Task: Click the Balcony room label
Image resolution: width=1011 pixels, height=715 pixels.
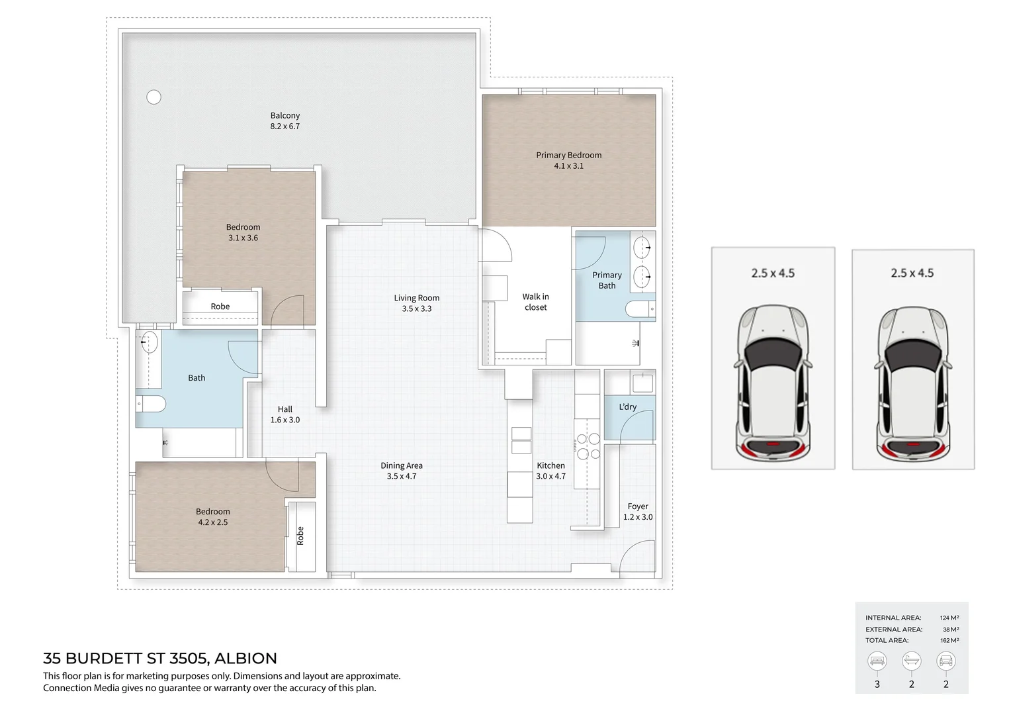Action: coord(285,115)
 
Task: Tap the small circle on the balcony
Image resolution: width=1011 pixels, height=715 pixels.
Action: coord(154,97)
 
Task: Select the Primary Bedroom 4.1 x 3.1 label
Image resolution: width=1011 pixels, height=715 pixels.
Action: coord(568,160)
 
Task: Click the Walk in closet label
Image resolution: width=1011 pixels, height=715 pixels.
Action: coord(535,302)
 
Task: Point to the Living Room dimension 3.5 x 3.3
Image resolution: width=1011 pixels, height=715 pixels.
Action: coord(417,309)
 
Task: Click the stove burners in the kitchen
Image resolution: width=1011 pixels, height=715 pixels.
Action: coord(588,446)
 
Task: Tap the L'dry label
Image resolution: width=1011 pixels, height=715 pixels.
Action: coord(627,406)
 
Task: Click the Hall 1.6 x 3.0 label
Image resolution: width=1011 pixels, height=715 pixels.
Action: coord(285,414)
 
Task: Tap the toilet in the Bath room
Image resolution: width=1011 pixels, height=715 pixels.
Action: coord(151,403)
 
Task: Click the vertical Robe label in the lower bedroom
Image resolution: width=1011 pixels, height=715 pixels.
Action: coord(300,536)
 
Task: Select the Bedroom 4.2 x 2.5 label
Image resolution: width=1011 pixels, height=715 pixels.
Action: coord(212,516)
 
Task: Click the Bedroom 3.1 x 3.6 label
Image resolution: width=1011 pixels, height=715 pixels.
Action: coord(243,232)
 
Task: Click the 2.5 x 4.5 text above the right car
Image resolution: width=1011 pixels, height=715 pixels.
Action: coord(912,273)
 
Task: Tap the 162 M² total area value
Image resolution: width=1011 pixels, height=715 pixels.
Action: coord(949,640)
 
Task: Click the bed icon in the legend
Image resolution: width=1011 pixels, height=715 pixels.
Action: coord(877,661)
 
